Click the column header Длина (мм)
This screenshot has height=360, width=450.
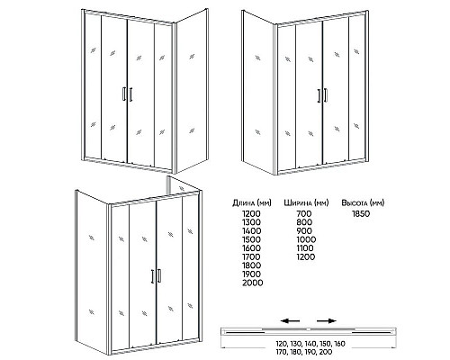point(252,203)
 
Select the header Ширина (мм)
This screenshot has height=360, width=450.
point(306,203)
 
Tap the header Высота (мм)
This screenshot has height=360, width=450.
point(363,203)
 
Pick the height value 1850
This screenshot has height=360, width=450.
point(361,214)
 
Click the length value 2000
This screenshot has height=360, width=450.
point(253,283)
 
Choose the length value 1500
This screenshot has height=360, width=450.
point(251,239)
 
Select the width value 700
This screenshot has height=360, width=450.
point(304,214)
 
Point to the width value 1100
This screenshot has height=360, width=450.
point(305,248)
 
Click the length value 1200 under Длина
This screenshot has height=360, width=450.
point(251,214)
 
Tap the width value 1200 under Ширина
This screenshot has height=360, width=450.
point(306,257)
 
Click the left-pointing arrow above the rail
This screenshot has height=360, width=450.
point(290,321)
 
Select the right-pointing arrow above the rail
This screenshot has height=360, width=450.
point(327,321)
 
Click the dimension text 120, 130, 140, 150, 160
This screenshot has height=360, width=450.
point(310,344)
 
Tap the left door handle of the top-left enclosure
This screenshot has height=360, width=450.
point(124,94)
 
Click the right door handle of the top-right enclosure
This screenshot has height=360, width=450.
point(326,95)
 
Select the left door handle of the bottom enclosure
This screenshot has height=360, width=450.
point(152,276)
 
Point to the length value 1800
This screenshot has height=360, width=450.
point(251,265)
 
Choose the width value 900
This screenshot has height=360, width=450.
point(304,231)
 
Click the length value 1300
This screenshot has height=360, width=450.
point(251,222)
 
